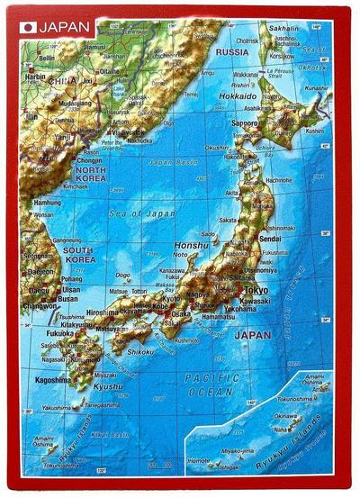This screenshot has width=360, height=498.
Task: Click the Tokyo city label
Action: click(x=256, y=291)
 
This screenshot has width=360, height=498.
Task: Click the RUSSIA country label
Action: click(x=232, y=51)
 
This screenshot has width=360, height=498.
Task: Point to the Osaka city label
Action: click(x=181, y=313)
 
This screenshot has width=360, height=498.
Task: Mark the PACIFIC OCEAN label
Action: click(x=211, y=385)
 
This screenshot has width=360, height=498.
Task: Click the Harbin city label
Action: click(x=35, y=77)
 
